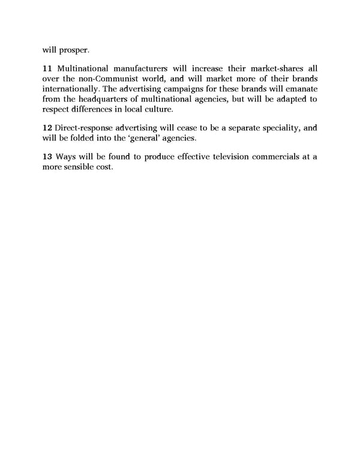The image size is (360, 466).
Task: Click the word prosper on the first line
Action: (x=74, y=49)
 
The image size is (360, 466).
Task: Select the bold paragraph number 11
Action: (x=48, y=68)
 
